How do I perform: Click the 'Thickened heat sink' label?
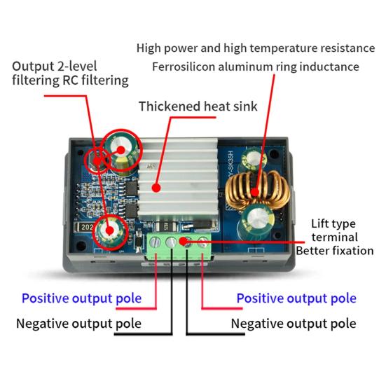pyautogui.click(x=198, y=106)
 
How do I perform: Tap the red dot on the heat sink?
pyautogui.click(x=156, y=188)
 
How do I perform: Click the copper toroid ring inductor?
pyautogui.click(x=257, y=191)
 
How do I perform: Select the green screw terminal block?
pyautogui.click(x=179, y=246)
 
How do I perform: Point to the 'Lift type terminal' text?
pyautogui.click(x=334, y=230)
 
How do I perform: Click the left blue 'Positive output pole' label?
pyautogui.click(x=81, y=298)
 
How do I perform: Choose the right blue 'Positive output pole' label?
pyautogui.click(x=296, y=298)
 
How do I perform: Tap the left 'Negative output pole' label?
pyautogui.click(x=78, y=324)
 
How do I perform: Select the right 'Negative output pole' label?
pyautogui.click(x=294, y=324)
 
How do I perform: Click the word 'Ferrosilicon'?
pyautogui.click(x=184, y=67)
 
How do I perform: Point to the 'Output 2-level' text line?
pyautogui.click(x=55, y=67)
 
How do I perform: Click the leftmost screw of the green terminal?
pyautogui.click(x=156, y=242)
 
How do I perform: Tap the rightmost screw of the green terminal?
pyautogui.click(x=203, y=242)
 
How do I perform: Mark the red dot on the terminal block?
pyautogui.click(x=183, y=241)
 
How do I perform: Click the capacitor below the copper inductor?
pyautogui.click(x=256, y=221)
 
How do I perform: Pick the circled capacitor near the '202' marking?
pyautogui.click(x=110, y=231)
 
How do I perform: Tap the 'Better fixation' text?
pyautogui.click(x=335, y=251)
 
